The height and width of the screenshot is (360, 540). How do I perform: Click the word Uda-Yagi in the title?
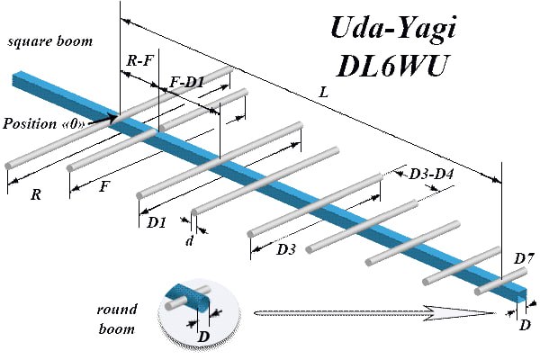click(x=390, y=31)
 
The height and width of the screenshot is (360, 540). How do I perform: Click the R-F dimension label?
click(x=139, y=62)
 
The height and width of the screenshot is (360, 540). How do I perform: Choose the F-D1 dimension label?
click(x=187, y=83)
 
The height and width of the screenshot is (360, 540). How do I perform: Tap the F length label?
click(x=105, y=188)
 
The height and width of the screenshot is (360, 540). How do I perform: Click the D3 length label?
click(x=286, y=247)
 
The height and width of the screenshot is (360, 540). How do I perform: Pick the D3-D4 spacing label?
click(x=426, y=174)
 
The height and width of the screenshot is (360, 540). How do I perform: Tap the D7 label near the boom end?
click(x=524, y=259)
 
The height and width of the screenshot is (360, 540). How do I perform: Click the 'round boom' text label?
click(x=116, y=319)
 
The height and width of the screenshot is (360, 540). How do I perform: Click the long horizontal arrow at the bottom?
click(x=373, y=313)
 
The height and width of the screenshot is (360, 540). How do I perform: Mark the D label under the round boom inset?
click(x=204, y=337)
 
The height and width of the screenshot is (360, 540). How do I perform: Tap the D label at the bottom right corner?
click(x=525, y=323)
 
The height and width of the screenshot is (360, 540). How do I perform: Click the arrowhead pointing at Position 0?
click(x=113, y=116)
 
